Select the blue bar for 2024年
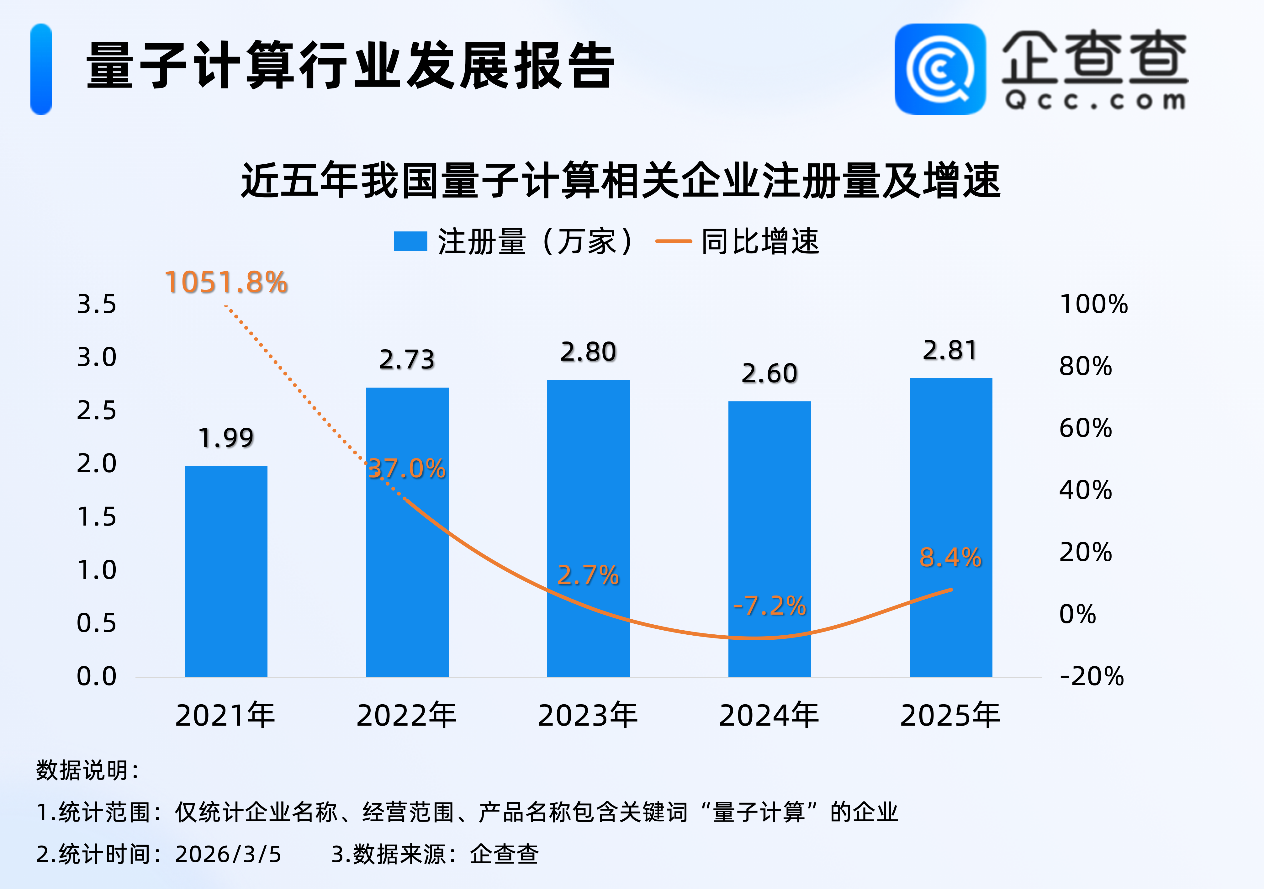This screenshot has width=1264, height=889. coord(769,539)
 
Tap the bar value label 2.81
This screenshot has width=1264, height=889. coord(950,351)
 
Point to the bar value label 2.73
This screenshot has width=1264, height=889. coord(407,360)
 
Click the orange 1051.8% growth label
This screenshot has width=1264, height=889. coord(226,283)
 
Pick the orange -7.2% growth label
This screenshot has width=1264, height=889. coord(769,606)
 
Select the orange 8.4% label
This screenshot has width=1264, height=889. coord(950,557)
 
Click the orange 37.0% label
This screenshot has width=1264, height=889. coord(406,468)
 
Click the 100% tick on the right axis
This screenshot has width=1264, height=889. coord(1093,304)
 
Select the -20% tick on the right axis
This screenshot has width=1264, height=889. coord(1091,676)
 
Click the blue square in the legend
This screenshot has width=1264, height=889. coord(410,241)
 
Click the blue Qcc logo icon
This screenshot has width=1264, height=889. coord(940,69)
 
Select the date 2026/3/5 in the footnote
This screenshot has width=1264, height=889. coord(228,854)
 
